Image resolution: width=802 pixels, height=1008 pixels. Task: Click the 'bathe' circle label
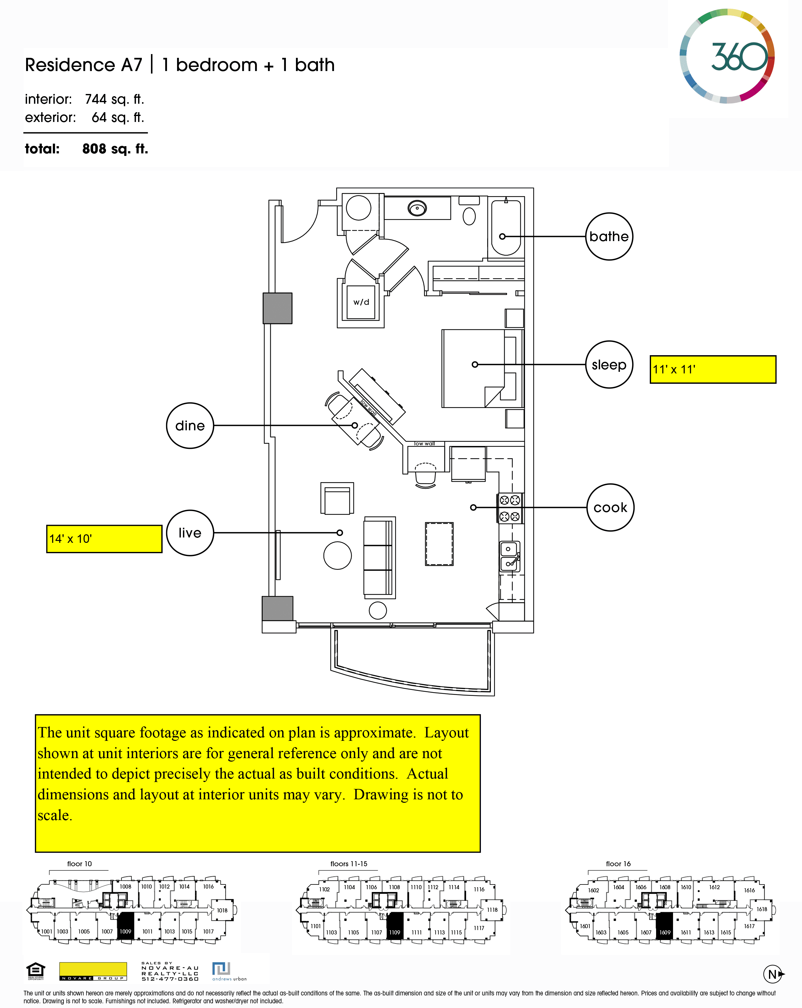609,237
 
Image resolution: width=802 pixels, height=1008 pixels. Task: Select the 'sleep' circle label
609,365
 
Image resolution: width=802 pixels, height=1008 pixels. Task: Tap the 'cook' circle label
610,507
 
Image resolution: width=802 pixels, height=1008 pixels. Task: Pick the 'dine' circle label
190,426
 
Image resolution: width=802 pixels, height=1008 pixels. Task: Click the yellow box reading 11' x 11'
713,369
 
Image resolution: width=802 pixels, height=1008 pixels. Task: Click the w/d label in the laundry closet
361,302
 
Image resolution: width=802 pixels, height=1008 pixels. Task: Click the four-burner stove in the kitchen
510,508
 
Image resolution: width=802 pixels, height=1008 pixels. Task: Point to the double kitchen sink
509,556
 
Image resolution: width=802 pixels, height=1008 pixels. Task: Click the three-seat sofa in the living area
379,557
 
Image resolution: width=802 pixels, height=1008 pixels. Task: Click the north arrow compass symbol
773,974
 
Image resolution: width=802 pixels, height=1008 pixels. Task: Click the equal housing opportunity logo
36,971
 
